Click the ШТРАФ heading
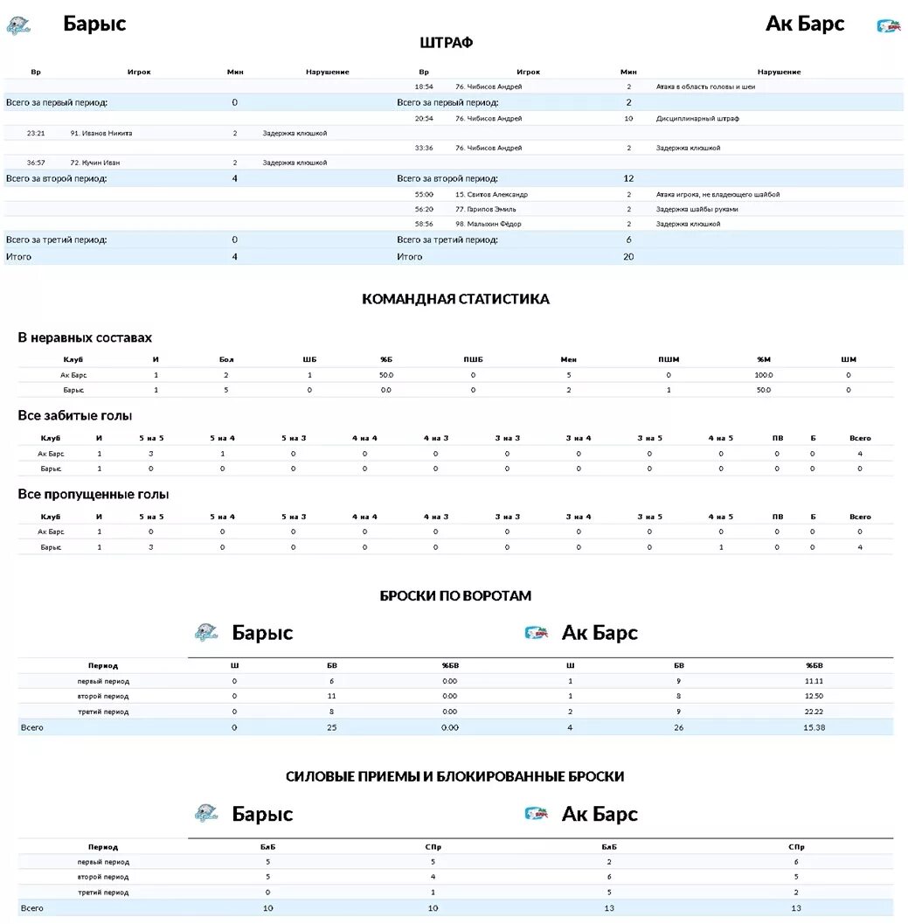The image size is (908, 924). (447, 43)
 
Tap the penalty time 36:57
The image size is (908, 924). (36, 163)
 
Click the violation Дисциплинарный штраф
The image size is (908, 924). (697, 118)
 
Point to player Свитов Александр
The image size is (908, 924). (491, 194)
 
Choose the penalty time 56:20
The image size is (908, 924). (424, 209)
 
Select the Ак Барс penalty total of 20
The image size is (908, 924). (628, 257)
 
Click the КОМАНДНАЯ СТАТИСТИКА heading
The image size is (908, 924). (455, 299)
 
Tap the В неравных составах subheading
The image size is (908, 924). (85, 337)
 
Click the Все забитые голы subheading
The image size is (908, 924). (75, 416)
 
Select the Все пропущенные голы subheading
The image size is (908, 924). (94, 495)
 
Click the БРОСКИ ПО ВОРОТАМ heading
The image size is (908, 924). (455, 596)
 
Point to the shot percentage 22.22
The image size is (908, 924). (814, 712)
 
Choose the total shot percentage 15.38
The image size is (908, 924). (814, 727)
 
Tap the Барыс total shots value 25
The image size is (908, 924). (331, 727)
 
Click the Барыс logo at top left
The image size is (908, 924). (18, 26)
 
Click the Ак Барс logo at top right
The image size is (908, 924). (889, 26)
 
